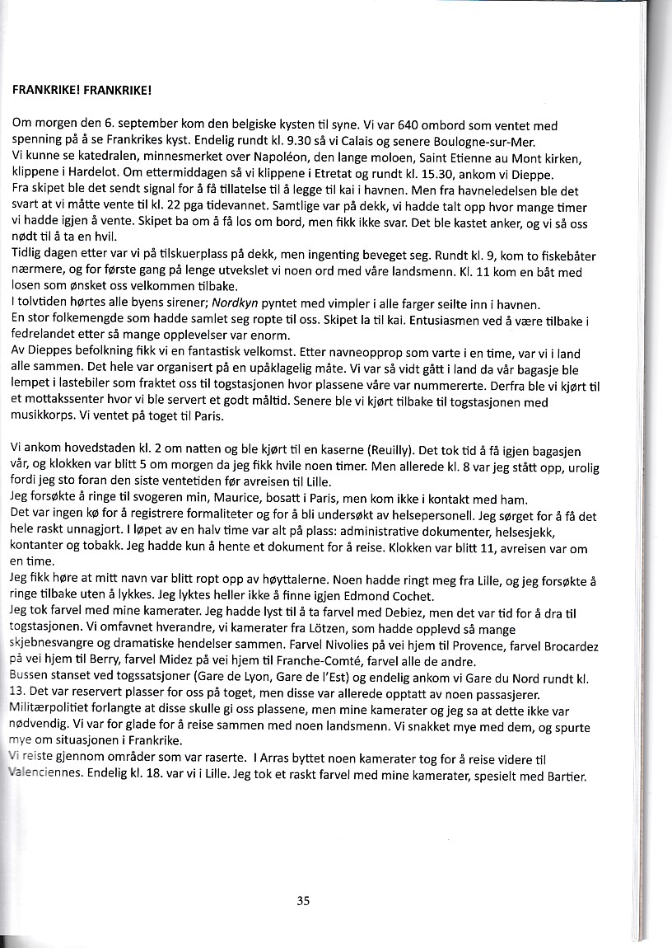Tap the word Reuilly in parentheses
(x=386, y=450)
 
